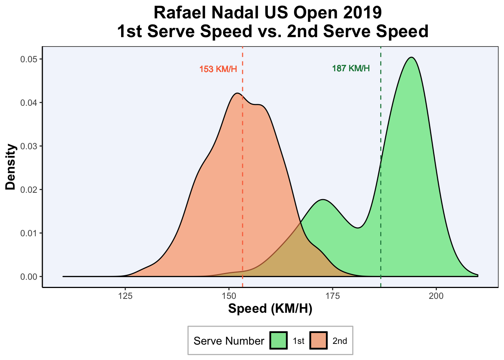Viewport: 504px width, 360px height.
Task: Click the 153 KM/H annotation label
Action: tap(218, 69)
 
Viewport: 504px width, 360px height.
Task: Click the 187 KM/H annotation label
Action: tap(351, 69)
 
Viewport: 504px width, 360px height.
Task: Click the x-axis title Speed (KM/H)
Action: tap(270, 309)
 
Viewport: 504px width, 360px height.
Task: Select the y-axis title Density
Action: tap(11, 167)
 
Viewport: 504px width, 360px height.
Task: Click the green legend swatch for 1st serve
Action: tap(279, 340)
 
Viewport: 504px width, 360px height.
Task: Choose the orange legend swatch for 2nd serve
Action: tap(319, 340)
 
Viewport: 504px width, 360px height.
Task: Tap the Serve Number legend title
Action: tap(229, 341)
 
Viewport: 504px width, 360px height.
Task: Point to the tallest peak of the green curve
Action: tap(412, 57)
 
